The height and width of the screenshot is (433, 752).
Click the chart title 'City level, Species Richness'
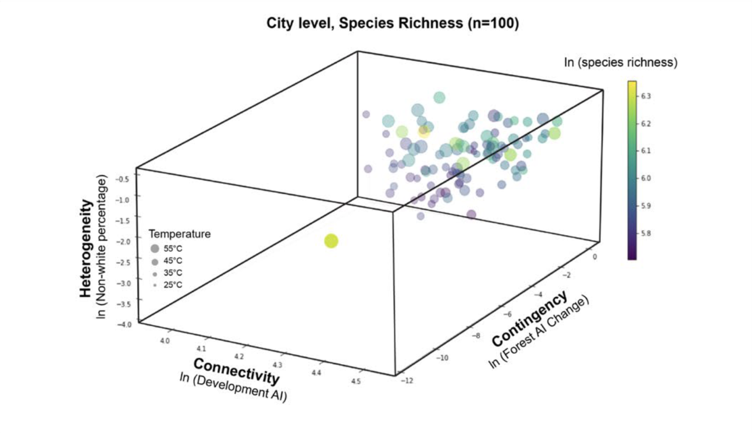coord(392,23)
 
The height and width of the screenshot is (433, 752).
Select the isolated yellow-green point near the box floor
coord(331,241)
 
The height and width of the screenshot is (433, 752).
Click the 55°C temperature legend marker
coord(155,249)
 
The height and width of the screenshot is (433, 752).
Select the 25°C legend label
coord(173,285)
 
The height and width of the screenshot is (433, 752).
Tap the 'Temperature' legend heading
coord(180,234)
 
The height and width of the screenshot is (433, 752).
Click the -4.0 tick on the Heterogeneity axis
coord(124,324)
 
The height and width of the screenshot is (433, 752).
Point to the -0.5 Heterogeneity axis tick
coord(122,179)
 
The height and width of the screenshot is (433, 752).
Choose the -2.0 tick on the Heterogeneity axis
coord(123,241)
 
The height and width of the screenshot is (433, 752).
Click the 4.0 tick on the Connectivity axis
coord(165,341)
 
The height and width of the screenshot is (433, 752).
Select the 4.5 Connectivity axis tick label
coord(356,381)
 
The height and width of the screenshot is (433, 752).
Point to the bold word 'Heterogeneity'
coord(86,248)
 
